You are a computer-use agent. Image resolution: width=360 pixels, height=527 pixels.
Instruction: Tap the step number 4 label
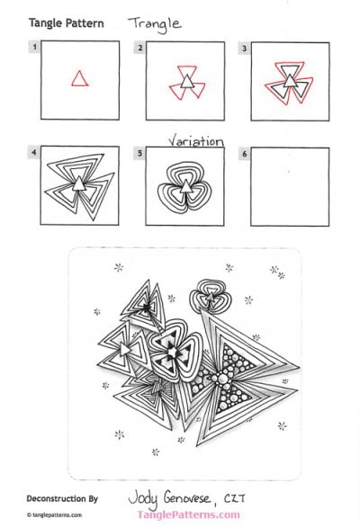point(33,152)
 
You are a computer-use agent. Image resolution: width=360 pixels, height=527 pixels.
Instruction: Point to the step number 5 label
point(139,152)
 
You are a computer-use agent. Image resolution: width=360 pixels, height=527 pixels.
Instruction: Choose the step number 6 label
point(243,152)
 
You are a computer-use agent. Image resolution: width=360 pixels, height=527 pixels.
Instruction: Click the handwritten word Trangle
point(154,22)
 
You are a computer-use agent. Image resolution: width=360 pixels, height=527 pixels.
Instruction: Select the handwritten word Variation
point(196,140)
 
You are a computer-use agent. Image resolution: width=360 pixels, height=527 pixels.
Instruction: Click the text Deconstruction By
point(64,496)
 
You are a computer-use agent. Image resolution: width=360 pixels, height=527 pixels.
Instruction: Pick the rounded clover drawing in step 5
point(183,184)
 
